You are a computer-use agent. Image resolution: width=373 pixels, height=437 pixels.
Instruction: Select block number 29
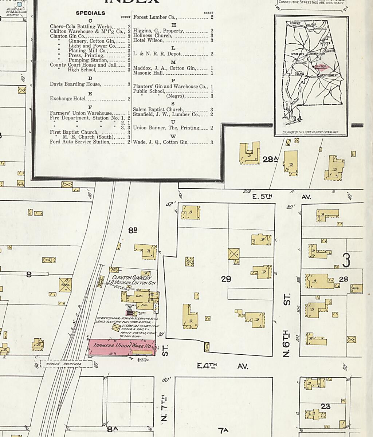click(x=226, y=279)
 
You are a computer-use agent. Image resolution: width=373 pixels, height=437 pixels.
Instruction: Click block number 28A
click(x=270, y=159)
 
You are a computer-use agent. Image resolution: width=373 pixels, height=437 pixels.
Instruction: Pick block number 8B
click(x=133, y=230)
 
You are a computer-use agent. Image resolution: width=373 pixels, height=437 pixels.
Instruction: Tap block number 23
click(x=325, y=406)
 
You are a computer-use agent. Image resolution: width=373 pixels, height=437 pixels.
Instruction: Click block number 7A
click(x=223, y=431)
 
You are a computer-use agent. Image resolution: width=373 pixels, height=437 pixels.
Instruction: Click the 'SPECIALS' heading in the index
click(x=90, y=13)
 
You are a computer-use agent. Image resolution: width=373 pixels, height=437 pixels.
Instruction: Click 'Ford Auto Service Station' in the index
click(x=80, y=142)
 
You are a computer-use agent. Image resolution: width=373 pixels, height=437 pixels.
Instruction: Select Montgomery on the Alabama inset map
click(x=329, y=76)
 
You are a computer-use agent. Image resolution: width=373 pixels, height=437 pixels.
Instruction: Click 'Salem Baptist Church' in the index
click(x=158, y=109)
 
